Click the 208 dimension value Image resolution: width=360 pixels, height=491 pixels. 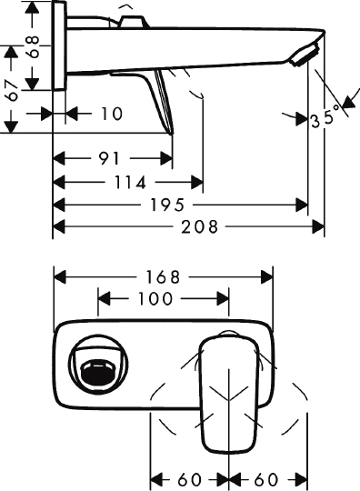(x=199, y=226)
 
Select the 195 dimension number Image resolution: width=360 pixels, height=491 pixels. (x=167, y=205)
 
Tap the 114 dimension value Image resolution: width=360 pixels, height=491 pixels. (x=130, y=182)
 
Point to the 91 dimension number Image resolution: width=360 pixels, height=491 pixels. (x=109, y=158)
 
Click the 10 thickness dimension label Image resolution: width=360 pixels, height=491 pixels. (x=112, y=114)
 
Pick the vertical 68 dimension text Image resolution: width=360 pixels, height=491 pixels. (x=33, y=46)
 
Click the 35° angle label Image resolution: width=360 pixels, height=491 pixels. (x=325, y=116)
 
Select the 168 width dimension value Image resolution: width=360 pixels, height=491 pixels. (x=163, y=277)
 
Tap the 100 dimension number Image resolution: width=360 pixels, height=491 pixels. (x=155, y=298)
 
